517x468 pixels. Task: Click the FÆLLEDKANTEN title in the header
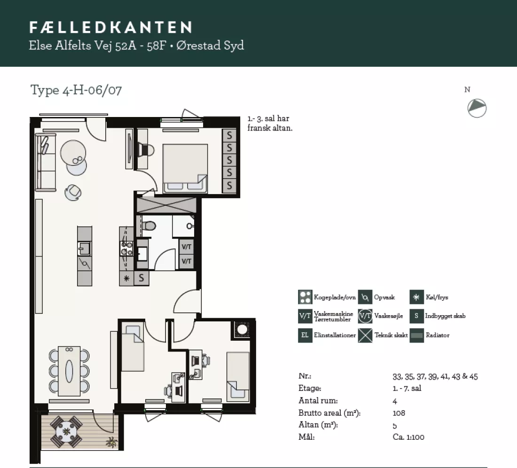click(111, 27)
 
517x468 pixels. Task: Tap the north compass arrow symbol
click(477, 108)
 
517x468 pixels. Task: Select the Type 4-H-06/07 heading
click(76, 90)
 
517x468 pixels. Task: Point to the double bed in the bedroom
click(185, 168)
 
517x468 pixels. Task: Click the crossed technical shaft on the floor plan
click(166, 205)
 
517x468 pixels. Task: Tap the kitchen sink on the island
click(85, 249)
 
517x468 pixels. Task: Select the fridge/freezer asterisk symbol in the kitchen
click(126, 279)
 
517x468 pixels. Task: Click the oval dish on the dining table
click(69, 371)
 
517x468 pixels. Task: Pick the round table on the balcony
click(66, 431)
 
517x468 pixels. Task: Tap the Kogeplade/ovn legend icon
click(305, 297)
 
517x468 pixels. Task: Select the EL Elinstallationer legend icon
click(305, 335)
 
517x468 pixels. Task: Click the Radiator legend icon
click(416, 335)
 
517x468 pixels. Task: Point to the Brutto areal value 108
click(399, 413)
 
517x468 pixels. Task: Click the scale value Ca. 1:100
click(408, 437)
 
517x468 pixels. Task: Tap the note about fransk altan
click(270, 123)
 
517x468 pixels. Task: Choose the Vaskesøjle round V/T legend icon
click(365, 316)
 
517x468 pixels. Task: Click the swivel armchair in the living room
click(73, 193)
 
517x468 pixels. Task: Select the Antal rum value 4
click(395, 401)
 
